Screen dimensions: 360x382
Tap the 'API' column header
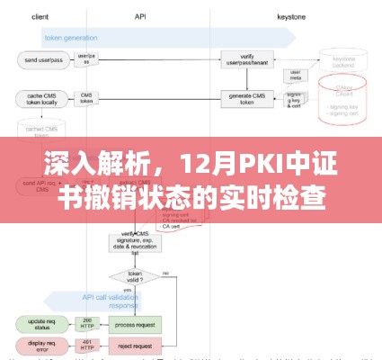coord(140,16)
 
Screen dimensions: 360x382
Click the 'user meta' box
coord(294,76)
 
